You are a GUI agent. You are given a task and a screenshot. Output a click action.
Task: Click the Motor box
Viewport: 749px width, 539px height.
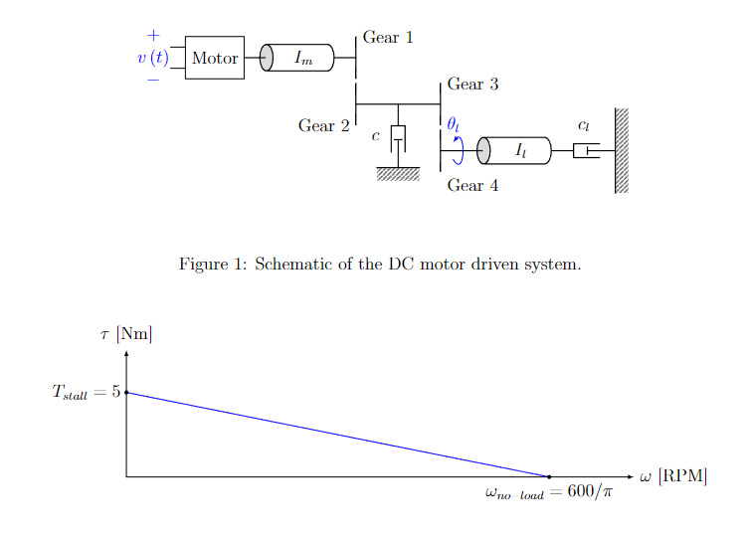point(214,58)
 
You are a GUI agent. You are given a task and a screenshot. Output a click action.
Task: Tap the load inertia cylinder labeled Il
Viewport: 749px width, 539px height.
point(517,151)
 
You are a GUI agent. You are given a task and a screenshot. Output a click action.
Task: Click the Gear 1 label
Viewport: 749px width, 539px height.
point(387,38)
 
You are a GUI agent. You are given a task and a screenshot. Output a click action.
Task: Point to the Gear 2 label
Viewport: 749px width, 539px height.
point(323,126)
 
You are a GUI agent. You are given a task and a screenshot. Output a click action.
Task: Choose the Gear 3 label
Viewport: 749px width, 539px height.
point(472,85)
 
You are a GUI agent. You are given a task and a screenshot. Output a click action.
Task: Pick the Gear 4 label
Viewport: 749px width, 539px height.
point(472,186)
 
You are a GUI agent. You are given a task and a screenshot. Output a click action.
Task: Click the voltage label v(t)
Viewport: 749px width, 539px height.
point(152,58)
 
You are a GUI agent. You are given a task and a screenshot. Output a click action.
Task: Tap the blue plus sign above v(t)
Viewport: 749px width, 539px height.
point(153,35)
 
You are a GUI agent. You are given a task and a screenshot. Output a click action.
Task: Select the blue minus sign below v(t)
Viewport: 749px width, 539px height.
point(153,80)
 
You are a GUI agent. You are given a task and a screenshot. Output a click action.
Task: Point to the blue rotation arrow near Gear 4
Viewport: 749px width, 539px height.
point(458,150)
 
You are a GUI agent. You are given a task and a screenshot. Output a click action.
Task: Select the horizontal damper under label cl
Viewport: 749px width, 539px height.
point(586,151)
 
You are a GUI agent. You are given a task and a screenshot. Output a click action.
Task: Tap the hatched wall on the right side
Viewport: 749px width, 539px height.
point(622,150)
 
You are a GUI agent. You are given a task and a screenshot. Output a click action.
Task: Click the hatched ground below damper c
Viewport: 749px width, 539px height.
point(398,174)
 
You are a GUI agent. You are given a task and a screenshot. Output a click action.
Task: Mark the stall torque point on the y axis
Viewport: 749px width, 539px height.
point(126,393)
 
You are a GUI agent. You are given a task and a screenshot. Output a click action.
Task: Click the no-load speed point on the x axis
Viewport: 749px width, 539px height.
point(549,477)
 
